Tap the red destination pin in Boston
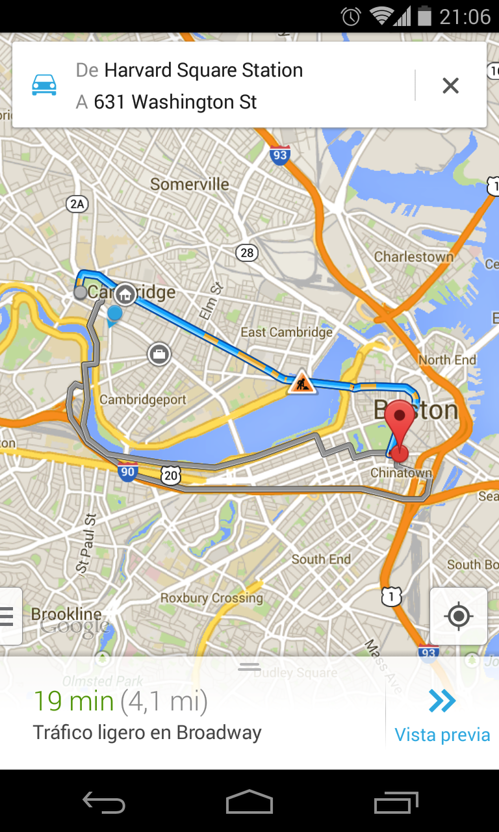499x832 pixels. (399, 422)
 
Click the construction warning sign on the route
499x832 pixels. (300, 383)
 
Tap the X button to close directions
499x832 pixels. (450, 85)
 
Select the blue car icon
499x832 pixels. (44, 85)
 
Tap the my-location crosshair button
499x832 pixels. (459, 616)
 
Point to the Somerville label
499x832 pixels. (190, 184)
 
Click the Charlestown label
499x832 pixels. (413, 257)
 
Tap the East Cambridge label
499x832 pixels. (287, 332)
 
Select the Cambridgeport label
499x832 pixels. (143, 400)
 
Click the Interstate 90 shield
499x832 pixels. (128, 473)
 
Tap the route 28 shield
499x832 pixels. (246, 252)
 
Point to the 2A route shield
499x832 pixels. (77, 204)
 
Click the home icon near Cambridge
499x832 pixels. (125, 294)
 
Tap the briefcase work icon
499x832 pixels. (159, 354)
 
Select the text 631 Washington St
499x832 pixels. (175, 102)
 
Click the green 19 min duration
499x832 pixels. (73, 701)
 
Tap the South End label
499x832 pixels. (321, 559)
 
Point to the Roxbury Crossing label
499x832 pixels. (211, 598)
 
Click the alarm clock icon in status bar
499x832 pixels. (351, 16)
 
